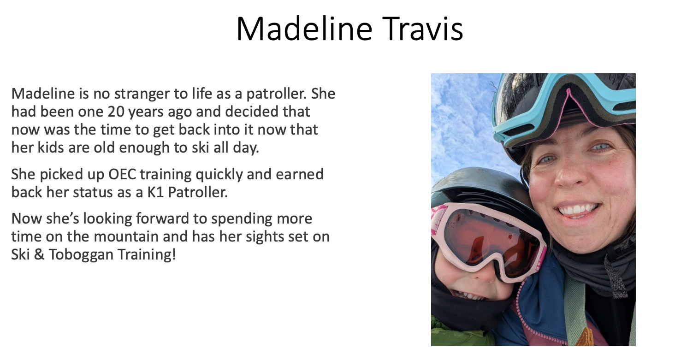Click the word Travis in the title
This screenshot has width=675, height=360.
(x=422, y=29)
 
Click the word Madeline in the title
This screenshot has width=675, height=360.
(x=305, y=29)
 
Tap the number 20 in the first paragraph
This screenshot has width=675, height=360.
(x=116, y=112)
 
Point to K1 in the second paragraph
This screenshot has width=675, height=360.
(x=155, y=193)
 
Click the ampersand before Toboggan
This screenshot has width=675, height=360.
(x=39, y=254)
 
